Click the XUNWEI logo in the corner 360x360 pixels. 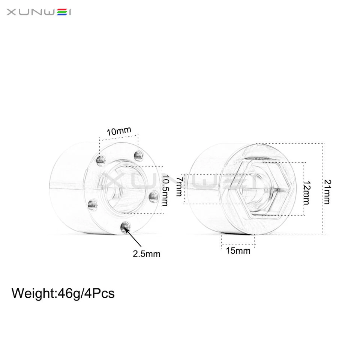coord(39,12)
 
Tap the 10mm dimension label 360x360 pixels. coord(119,131)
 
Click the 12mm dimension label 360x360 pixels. coord(307,192)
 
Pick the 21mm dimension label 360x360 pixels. coord(327,192)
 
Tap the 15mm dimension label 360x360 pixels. coord(238,250)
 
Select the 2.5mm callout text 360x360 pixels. coord(146,254)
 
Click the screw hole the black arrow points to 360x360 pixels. coord(125,226)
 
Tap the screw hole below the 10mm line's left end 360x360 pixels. coord(100,160)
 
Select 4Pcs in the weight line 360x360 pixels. coord(100,293)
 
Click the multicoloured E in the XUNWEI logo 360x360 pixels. coord(61,12)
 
